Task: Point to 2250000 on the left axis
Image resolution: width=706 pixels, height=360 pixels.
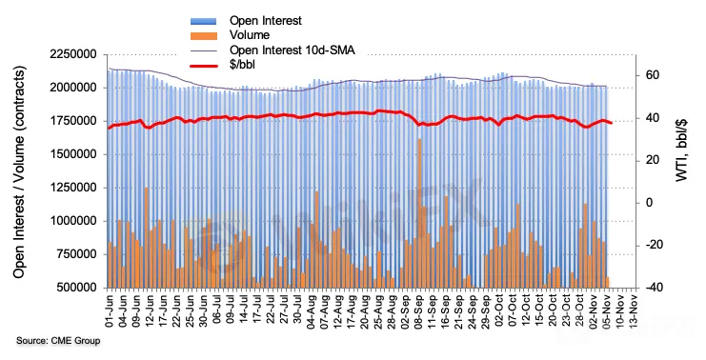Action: click(x=73, y=54)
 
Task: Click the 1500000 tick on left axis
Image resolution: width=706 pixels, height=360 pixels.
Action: click(x=73, y=154)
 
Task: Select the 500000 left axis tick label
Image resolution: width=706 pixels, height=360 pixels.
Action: click(x=75, y=288)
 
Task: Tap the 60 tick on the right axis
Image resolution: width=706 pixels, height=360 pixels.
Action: click(x=650, y=74)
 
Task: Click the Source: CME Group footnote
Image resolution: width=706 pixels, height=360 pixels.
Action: click(x=58, y=341)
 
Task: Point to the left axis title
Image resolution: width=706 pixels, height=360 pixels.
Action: click(x=18, y=171)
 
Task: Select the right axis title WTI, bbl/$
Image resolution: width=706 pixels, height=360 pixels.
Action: click(x=681, y=150)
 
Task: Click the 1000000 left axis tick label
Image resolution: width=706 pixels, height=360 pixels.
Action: click(x=73, y=221)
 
